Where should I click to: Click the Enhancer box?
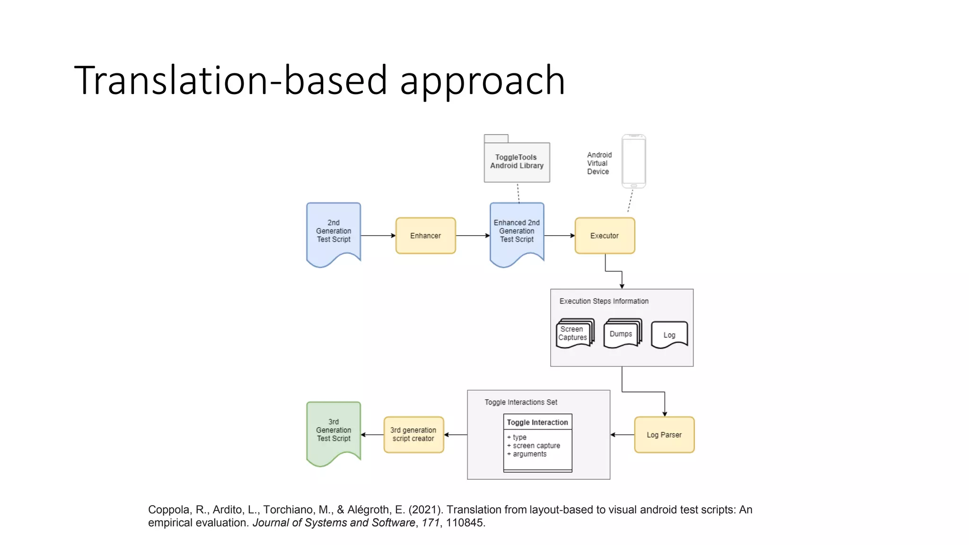tap(425, 236)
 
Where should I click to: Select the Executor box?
tap(605, 236)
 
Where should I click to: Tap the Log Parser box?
tap(664, 435)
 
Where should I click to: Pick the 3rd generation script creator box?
tap(414, 435)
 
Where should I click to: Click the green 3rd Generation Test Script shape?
tap(334, 431)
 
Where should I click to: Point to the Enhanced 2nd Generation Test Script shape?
tap(517, 231)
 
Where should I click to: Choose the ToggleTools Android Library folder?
tap(517, 161)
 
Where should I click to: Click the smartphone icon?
tap(634, 161)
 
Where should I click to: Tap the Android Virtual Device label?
tap(599, 163)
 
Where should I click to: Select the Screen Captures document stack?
tap(574, 334)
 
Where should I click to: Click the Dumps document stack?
tap(622, 334)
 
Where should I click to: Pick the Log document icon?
tap(669, 335)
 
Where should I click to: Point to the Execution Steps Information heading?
tap(604, 301)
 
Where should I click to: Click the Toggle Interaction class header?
tap(537, 422)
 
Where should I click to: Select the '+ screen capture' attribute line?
tap(534, 446)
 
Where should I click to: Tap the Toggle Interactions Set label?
tap(521, 402)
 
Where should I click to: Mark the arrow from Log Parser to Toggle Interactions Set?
tap(622, 435)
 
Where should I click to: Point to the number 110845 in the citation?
tap(465, 523)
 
